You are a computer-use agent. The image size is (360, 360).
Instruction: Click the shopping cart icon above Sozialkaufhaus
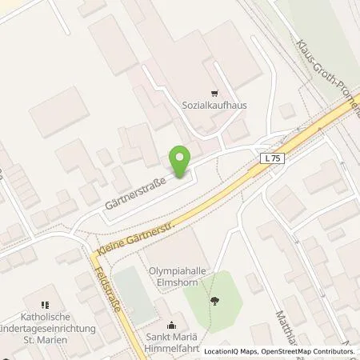pos(212,93)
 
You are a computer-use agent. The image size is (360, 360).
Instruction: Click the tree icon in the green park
pos(214,301)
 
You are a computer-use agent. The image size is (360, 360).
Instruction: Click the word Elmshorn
pos(183,282)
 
